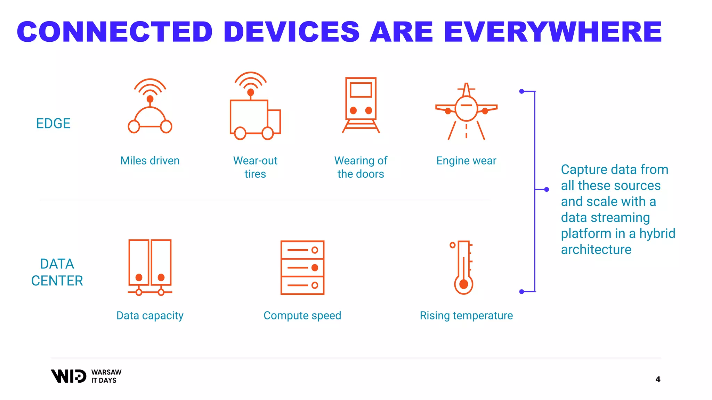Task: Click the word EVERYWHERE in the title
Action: (x=552, y=32)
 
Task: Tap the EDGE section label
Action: (x=53, y=124)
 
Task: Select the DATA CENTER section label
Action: (x=57, y=272)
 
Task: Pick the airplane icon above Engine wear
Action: (x=466, y=111)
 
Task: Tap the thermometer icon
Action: (x=463, y=267)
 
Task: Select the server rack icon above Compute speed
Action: (x=302, y=267)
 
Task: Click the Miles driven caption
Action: (x=150, y=161)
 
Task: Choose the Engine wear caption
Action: (x=466, y=161)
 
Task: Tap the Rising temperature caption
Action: (x=466, y=316)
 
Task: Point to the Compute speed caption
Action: (x=302, y=316)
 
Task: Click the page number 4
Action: (x=657, y=380)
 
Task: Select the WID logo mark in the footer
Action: (x=68, y=376)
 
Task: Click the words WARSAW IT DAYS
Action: (x=106, y=376)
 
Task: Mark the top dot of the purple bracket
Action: (x=521, y=91)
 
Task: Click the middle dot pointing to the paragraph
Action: (x=547, y=190)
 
